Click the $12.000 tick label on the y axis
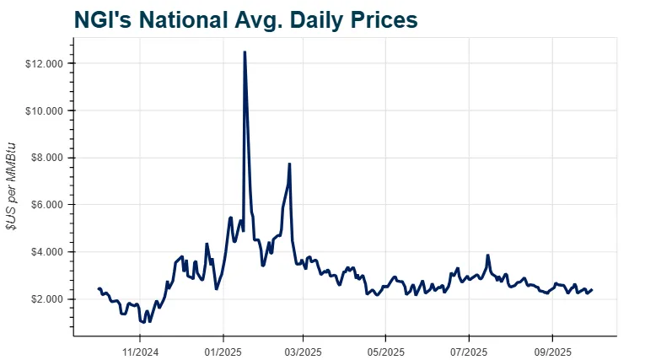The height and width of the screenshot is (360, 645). pyautogui.click(x=44, y=64)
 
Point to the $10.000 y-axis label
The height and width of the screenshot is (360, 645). pyautogui.click(x=44, y=111)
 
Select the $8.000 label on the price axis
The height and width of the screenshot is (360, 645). pyautogui.click(x=46, y=158)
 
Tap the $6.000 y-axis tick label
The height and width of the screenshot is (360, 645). pyautogui.click(x=46, y=205)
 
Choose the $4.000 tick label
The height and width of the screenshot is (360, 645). pyautogui.click(x=46, y=252)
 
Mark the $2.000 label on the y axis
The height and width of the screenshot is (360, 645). pyautogui.click(x=46, y=299)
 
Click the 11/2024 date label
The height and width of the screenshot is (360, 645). pyautogui.click(x=140, y=352)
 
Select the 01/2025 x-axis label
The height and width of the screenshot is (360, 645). pyautogui.click(x=223, y=352)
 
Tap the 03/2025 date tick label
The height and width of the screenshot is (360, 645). pyautogui.click(x=303, y=352)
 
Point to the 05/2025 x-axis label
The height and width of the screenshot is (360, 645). pyautogui.click(x=385, y=352)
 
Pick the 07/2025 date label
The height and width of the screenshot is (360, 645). pyautogui.click(x=469, y=352)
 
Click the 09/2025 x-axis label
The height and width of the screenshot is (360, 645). pyautogui.click(x=552, y=352)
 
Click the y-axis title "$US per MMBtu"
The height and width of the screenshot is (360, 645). pyautogui.click(x=11, y=186)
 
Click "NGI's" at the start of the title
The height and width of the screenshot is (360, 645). pyautogui.click(x=104, y=19)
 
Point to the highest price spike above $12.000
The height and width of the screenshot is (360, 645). pyautogui.click(x=245, y=51)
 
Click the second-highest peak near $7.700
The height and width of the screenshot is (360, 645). pyautogui.click(x=289, y=164)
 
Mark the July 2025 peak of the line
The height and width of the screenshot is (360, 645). pyautogui.click(x=487, y=255)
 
